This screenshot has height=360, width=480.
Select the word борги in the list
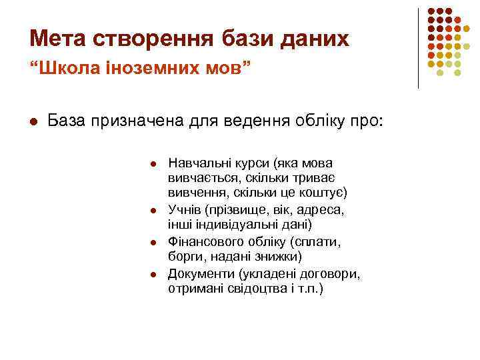pos(184,257)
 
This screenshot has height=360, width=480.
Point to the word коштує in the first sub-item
pos(319,193)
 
